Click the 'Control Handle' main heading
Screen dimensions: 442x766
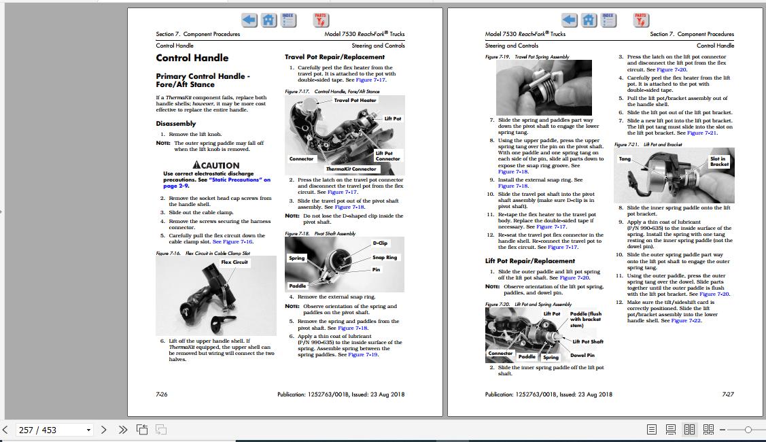[x=192, y=58]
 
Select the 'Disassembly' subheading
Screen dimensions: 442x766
[x=175, y=124]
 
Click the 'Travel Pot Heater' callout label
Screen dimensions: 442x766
[x=354, y=101]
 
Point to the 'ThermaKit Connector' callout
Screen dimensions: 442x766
[x=351, y=169]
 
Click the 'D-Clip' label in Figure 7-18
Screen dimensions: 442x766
[x=380, y=243]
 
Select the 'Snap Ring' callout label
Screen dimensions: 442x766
[x=385, y=258]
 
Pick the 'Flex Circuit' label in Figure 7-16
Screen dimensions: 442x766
[x=234, y=262]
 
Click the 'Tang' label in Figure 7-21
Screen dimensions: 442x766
[x=624, y=159]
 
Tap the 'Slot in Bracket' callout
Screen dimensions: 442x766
[x=718, y=161]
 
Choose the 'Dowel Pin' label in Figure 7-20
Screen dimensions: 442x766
[x=582, y=355]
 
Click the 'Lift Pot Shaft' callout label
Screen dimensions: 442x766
[x=587, y=341]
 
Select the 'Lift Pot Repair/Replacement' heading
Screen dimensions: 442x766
[x=529, y=261]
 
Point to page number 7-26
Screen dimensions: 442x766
[x=162, y=394]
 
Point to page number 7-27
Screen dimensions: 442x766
[x=727, y=394]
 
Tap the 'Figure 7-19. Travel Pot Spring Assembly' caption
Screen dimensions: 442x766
[x=527, y=57]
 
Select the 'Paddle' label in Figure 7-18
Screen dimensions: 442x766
[x=298, y=286]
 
